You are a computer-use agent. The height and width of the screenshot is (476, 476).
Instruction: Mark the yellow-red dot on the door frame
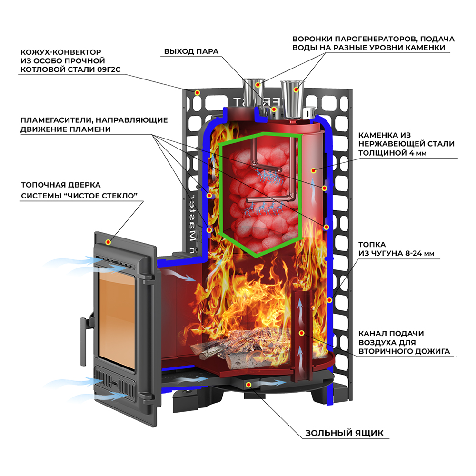click(109, 242)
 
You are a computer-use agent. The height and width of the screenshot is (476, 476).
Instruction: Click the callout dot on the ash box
click(248, 384)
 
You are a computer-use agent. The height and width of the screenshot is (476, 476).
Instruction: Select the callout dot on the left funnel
click(258, 85)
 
